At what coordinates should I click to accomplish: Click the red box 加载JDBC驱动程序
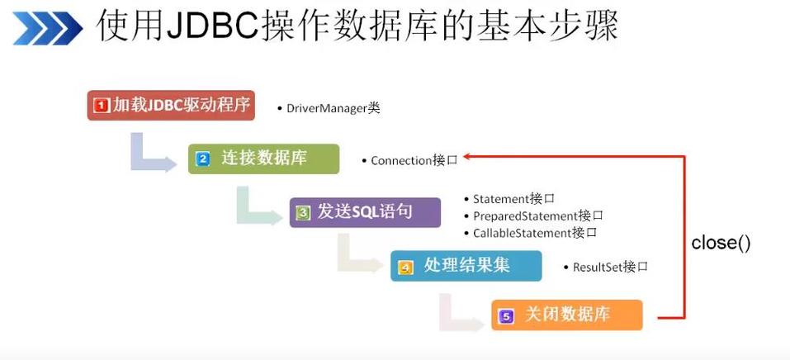click(x=170, y=106)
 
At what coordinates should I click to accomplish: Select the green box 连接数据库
click(x=263, y=159)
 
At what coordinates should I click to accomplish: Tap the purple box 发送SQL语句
click(x=365, y=212)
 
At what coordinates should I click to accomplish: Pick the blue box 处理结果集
click(x=466, y=266)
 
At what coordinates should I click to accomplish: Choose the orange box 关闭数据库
click(x=566, y=315)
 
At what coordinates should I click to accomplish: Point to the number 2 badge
click(x=202, y=159)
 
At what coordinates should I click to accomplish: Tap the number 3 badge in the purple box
click(x=304, y=213)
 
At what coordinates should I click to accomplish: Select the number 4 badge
click(x=405, y=267)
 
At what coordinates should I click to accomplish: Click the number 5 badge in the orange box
click(x=506, y=316)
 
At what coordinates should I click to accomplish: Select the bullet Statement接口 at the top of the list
click(x=513, y=199)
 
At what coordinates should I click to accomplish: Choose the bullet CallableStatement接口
click(x=535, y=233)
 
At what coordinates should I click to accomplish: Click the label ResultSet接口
click(x=610, y=267)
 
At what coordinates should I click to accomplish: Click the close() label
click(x=721, y=243)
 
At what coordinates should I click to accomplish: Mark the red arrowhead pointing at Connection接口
click(x=466, y=156)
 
